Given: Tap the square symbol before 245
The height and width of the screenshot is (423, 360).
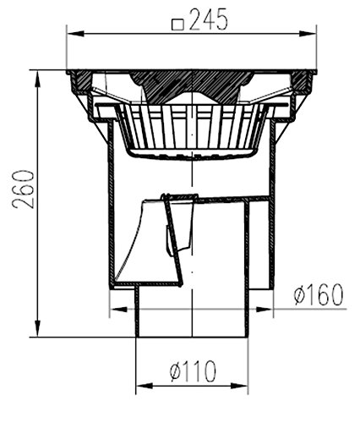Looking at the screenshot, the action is click(x=177, y=25).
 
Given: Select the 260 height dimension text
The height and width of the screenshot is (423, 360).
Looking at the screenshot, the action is click(x=24, y=189).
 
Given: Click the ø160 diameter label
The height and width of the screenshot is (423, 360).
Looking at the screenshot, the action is click(x=319, y=294).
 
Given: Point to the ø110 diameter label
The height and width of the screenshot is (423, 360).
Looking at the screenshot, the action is click(x=194, y=371).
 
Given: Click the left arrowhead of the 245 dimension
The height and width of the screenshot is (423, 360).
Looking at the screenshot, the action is click(x=75, y=34).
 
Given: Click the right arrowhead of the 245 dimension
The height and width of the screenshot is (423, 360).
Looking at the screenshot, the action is click(x=308, y=34).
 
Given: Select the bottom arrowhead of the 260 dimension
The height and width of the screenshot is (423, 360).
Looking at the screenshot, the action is click(x=37, y=328).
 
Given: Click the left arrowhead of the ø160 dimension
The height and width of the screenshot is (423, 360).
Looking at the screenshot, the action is click(x=117, y=309).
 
